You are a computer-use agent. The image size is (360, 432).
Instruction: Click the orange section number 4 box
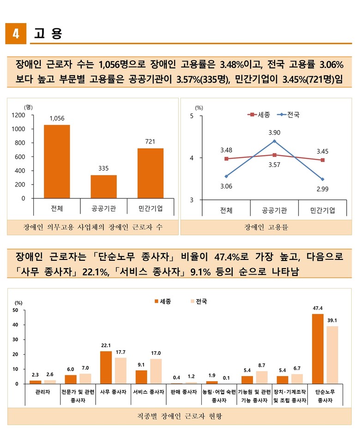click(16, 34)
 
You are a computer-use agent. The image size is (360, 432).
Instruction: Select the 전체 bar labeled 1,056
click(57, 162)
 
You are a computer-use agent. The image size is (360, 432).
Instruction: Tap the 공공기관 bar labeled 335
click(103, 186)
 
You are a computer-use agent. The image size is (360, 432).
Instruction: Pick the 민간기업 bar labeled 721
click(150, 173)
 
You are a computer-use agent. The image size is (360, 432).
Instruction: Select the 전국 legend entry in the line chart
click(288, 114)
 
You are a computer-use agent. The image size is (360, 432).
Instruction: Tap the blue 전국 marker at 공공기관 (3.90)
click(274, 141)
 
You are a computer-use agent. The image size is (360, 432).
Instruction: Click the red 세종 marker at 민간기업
click(323, 160)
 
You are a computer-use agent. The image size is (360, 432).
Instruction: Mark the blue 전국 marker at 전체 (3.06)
click(226, 176)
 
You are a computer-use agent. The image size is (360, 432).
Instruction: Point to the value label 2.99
click(323, 189)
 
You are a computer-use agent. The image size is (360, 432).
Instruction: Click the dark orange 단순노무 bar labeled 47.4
click(318, 348)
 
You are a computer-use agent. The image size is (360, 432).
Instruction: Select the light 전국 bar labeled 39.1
click(332, 355)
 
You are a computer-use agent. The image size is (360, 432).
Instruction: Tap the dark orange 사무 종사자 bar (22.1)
click(106, 367)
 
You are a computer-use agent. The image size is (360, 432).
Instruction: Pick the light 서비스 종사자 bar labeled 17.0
click(156, 371)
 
